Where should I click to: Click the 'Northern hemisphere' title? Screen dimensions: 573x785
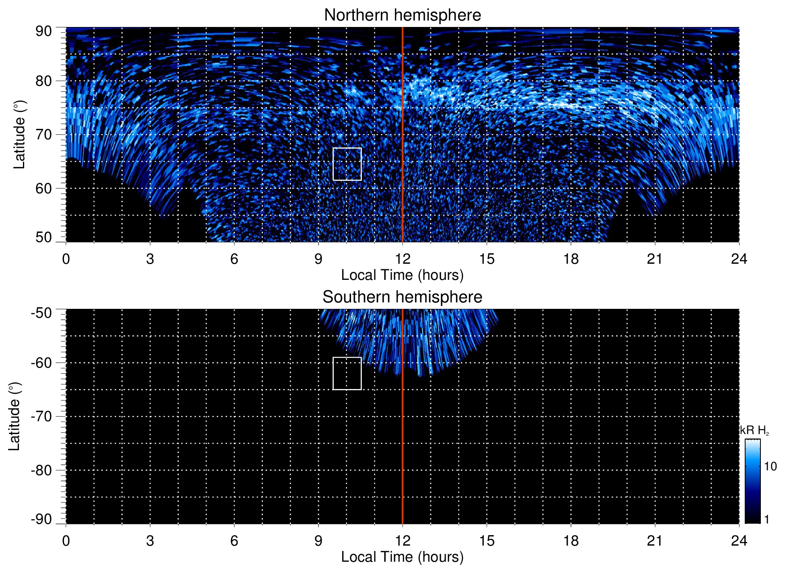click(x=402, y=15)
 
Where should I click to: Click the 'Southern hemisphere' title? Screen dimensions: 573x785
click(x=402, y=297)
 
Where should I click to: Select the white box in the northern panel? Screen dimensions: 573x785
click(x=347, y=164)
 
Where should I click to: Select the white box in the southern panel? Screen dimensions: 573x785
click(x=347, y=373)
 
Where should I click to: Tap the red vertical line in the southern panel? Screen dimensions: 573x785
click(x=403, y=443)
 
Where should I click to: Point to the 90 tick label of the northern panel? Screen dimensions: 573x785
click(x=43, y=31)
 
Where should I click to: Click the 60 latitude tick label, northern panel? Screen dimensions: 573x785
click(x=43, y=188)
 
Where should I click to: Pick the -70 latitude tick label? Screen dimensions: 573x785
click(x=41, y=416)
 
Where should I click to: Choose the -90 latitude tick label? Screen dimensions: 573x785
click(x=41, y=519)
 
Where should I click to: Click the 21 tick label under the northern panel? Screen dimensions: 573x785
click(x=655, y=259)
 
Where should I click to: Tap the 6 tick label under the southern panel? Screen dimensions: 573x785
click(x=234, y=541)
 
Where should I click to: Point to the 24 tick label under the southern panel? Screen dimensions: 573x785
click(x=739, y=541)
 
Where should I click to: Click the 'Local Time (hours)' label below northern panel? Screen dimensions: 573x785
click(x=402, y=275)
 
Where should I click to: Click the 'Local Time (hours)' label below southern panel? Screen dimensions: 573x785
click(x=402, y=557)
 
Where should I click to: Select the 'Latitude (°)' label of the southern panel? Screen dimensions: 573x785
click(x=14, y=416)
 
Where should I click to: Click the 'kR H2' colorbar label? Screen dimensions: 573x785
click(x=754, y=430)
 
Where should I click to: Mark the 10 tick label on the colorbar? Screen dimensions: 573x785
click(x=770, y=467)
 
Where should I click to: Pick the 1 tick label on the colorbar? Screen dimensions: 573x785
click(x=766, y=519)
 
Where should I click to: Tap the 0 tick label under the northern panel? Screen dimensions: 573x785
click(x=66, y=259)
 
